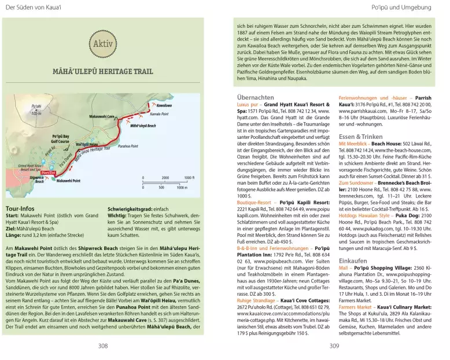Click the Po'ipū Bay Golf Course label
tap(56, 139)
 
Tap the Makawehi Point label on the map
tap(68, 181)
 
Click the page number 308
tap(103, 346)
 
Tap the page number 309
tap(334, 346)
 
